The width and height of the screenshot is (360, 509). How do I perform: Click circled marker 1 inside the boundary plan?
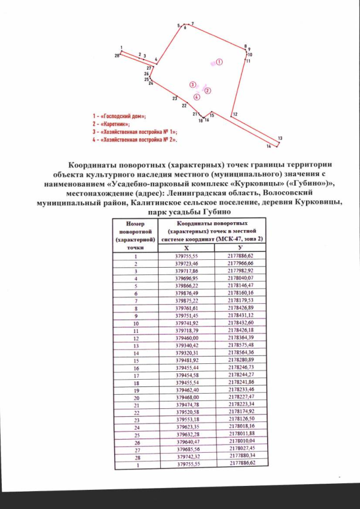tap(220, 62)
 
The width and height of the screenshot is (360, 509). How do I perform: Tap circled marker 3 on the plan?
tap(192, 84)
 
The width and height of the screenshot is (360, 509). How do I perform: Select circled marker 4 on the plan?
tap(196, 97)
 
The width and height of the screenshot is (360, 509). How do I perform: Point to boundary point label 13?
tap(280, 138)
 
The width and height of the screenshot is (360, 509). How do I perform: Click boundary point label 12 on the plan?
tap(235, 114)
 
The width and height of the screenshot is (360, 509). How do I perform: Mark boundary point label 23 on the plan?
tap(175, 98)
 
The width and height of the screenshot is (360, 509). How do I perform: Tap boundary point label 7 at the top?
tap(192, 24)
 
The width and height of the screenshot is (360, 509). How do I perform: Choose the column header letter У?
tap(240, 247)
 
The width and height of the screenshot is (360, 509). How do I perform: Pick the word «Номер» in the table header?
tap(136, 223)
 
